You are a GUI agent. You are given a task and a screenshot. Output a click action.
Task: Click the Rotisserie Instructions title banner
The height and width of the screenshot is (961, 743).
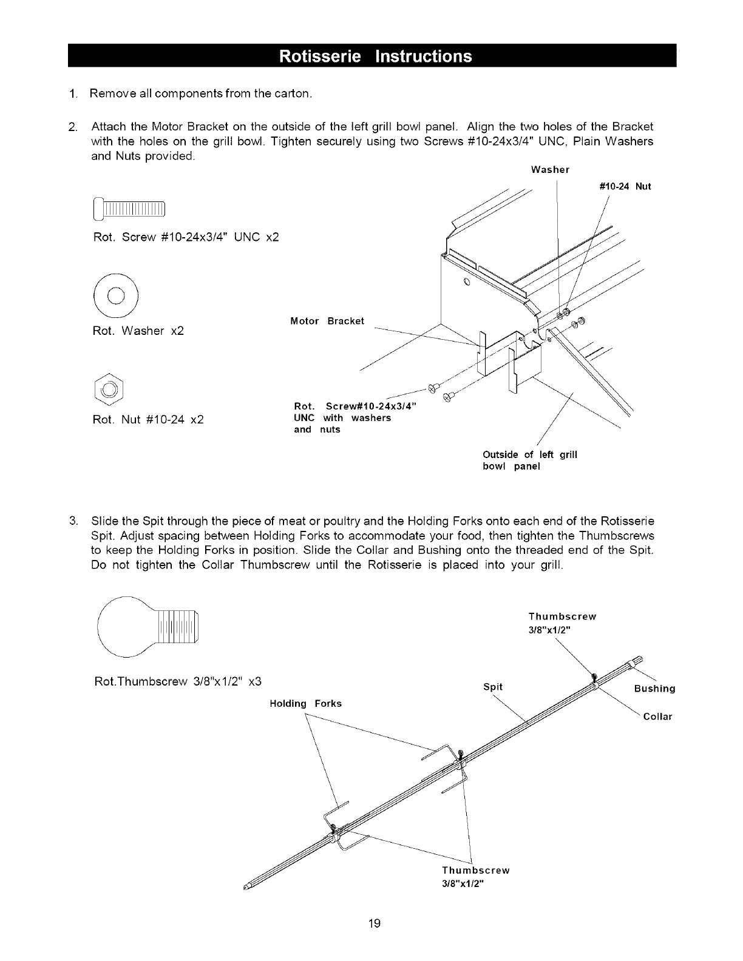click(x=375, y=56)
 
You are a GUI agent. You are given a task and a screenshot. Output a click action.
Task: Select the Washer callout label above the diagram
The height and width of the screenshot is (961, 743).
click(x=549, y=169)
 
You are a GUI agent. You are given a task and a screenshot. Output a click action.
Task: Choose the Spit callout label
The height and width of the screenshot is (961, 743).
click(x=493, y=687)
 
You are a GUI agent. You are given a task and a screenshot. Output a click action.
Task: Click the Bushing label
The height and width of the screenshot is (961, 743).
click(x=654, y=689)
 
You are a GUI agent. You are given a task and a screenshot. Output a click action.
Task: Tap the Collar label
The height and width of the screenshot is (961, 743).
click(x=658, y=717)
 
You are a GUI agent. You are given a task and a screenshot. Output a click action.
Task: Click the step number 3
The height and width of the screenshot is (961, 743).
click(x=72, y=522)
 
